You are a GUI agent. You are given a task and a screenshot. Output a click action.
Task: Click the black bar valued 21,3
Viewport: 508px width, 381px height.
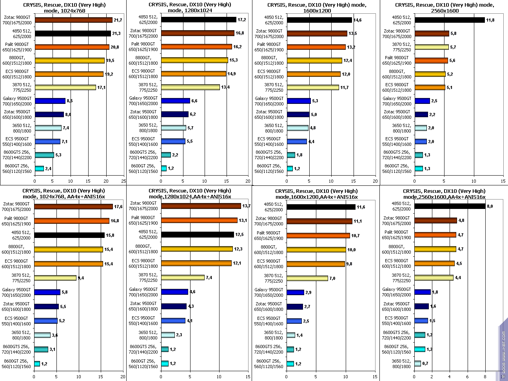(x=73, y=34)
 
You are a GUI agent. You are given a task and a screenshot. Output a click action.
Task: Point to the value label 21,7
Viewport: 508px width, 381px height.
(x=118, y=20)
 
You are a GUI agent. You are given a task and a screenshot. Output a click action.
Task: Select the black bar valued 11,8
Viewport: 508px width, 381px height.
(x=449, y=20)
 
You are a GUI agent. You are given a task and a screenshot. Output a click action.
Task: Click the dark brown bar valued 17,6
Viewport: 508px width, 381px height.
(x=73, y=207)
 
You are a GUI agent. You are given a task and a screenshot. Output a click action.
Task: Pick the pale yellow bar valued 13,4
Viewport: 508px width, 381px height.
(x=190, y=87)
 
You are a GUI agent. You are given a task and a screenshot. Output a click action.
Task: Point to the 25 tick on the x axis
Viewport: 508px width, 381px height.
(x=123, y=181)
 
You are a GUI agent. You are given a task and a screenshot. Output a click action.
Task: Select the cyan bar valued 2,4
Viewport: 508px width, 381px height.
(x=39, y=169)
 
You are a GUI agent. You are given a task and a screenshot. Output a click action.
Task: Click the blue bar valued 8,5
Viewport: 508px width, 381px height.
(x=50, y=101)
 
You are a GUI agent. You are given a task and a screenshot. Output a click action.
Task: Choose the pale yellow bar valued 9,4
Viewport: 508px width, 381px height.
(x=55, y=278)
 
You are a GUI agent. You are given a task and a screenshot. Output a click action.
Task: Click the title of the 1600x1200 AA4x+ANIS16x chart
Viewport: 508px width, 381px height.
(x=316, y=194)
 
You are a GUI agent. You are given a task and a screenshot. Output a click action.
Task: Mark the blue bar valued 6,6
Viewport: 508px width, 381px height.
(x=175, y=101)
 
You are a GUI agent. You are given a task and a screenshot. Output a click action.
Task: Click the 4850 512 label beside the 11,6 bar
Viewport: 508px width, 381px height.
(x=273, y=207)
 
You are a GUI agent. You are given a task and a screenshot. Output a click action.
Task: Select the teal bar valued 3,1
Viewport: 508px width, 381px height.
(x=41, y=349)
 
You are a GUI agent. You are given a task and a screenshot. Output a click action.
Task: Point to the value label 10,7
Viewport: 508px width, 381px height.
(x=356, y=236)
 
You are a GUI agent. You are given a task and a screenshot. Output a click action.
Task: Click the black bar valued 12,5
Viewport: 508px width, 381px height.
(x=198, y=235)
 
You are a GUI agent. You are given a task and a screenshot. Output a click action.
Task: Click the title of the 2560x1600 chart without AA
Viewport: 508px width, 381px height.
(x=444, y=8)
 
